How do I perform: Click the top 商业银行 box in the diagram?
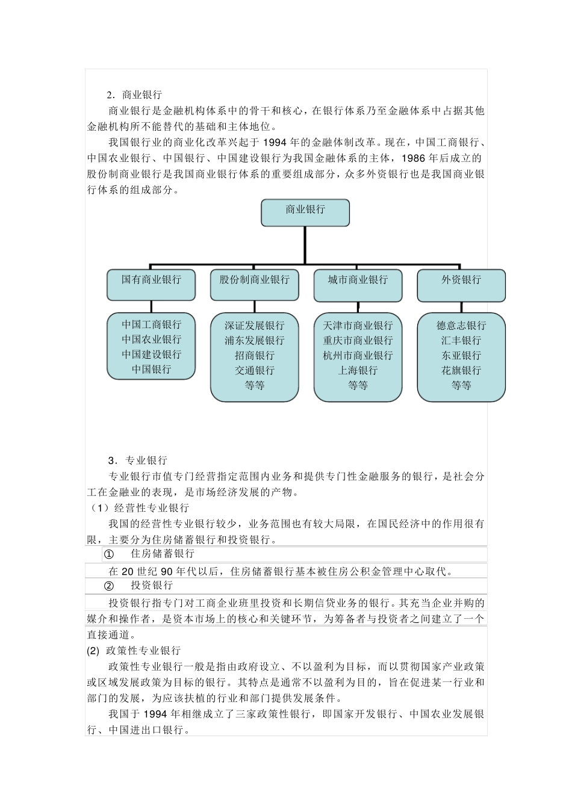305,212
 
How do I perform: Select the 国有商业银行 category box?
151,284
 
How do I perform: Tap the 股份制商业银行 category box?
255,284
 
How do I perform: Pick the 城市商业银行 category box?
358,284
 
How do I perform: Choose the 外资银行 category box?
461,284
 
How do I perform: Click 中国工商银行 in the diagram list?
151,324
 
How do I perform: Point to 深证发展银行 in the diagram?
255,326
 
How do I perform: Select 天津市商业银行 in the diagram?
358,326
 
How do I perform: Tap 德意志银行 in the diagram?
461,326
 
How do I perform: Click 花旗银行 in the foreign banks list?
461,370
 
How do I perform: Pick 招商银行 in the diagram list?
255,355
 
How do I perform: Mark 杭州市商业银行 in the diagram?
358,355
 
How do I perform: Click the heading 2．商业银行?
134,95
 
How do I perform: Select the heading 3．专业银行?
138,460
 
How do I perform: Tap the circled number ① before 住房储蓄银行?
109,554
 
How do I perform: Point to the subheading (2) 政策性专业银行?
134,651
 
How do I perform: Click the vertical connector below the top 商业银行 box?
305,245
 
